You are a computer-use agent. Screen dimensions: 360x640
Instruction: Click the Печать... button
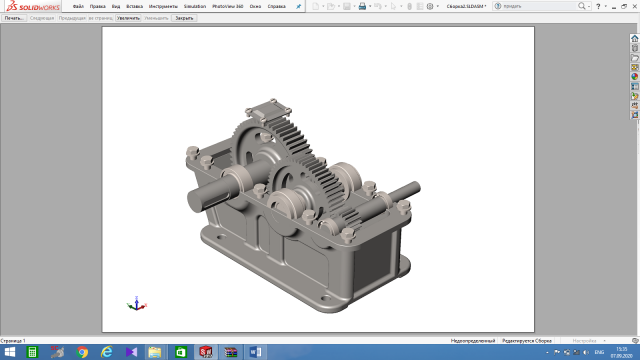coord(13,18)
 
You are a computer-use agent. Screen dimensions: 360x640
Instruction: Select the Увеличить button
coord(128,18)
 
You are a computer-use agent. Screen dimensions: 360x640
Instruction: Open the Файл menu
coord(77,6)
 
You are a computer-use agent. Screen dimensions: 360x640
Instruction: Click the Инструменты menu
coord(163,6)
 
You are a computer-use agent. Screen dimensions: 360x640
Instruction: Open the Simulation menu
coord(195,6)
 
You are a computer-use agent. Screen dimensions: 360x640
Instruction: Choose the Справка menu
coord(277,6)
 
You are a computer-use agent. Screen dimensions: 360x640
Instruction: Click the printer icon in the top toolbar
coord(364,6)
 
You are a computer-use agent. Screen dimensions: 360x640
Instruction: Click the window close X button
coord(633,6)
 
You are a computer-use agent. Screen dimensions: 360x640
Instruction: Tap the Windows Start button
coord(7,352)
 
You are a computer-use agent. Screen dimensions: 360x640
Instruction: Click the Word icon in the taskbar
coord(253,352)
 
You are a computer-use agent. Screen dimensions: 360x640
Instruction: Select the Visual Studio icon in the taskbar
coord(131,352)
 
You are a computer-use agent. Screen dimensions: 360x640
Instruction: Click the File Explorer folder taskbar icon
coord(155,352)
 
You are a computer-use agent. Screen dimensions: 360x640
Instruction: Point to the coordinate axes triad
coord(137,303)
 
